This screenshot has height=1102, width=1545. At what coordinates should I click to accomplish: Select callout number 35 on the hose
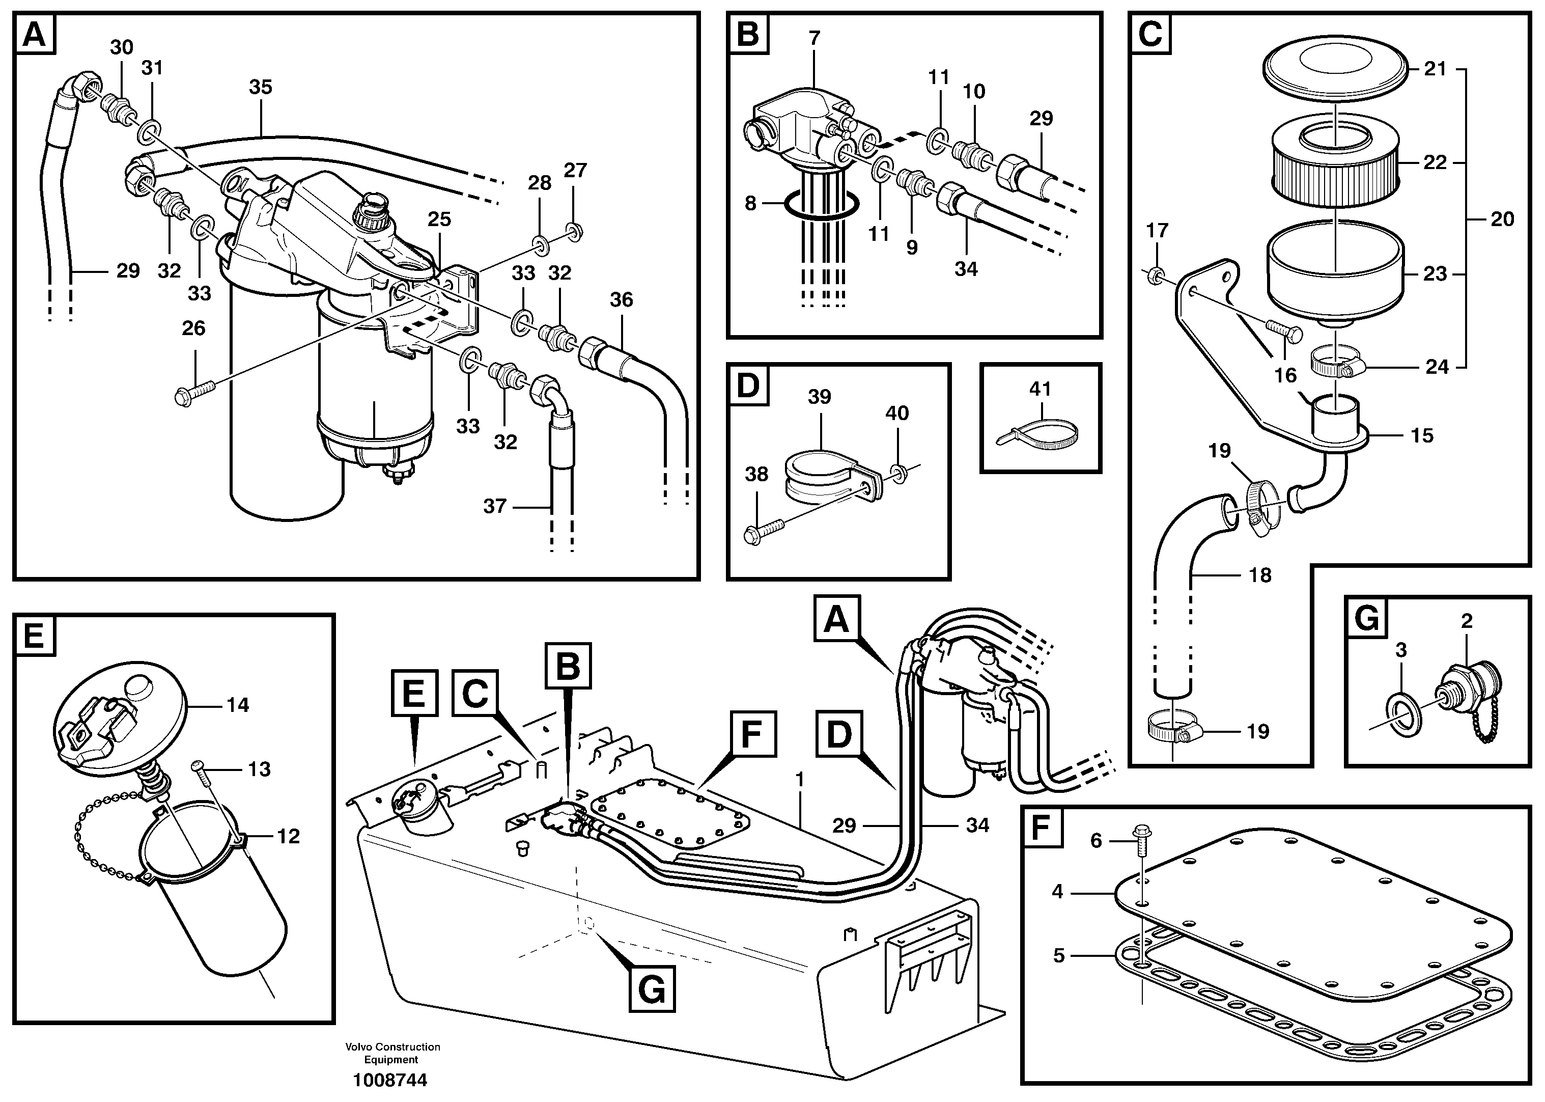261,87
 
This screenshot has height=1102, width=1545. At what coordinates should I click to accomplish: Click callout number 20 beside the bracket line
1503,219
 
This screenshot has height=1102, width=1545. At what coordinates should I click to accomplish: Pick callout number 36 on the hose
621,300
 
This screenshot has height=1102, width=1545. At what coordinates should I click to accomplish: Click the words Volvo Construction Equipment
392,1053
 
